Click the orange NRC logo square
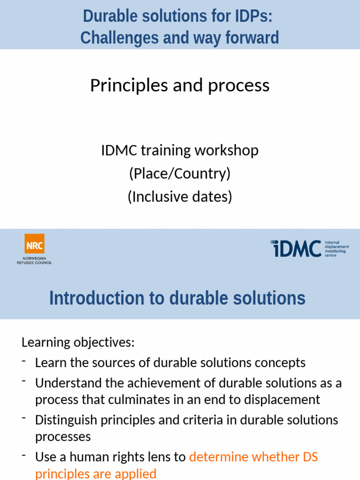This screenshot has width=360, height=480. pos(34,244)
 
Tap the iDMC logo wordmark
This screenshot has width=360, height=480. pos(296,248)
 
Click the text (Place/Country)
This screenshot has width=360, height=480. pos(180,173)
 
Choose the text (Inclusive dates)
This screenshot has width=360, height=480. pos(180,196)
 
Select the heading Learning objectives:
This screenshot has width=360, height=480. pos(78,342)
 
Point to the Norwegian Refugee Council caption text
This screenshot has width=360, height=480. pos(34,261)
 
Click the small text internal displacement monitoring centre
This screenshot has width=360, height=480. pos(337,249)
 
